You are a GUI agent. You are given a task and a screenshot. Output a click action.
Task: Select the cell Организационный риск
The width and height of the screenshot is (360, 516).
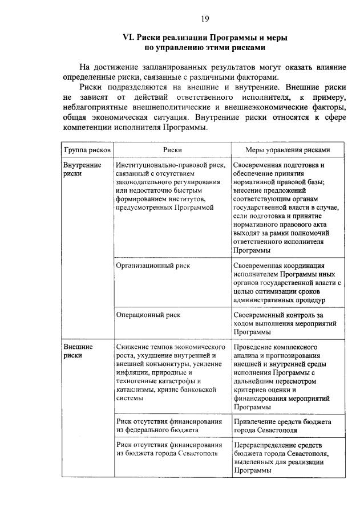[153, 265]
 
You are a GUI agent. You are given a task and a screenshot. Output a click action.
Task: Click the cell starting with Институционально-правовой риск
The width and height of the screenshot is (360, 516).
[171, 186]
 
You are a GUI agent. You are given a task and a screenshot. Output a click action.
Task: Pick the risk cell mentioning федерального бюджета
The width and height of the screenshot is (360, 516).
[169, 425]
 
